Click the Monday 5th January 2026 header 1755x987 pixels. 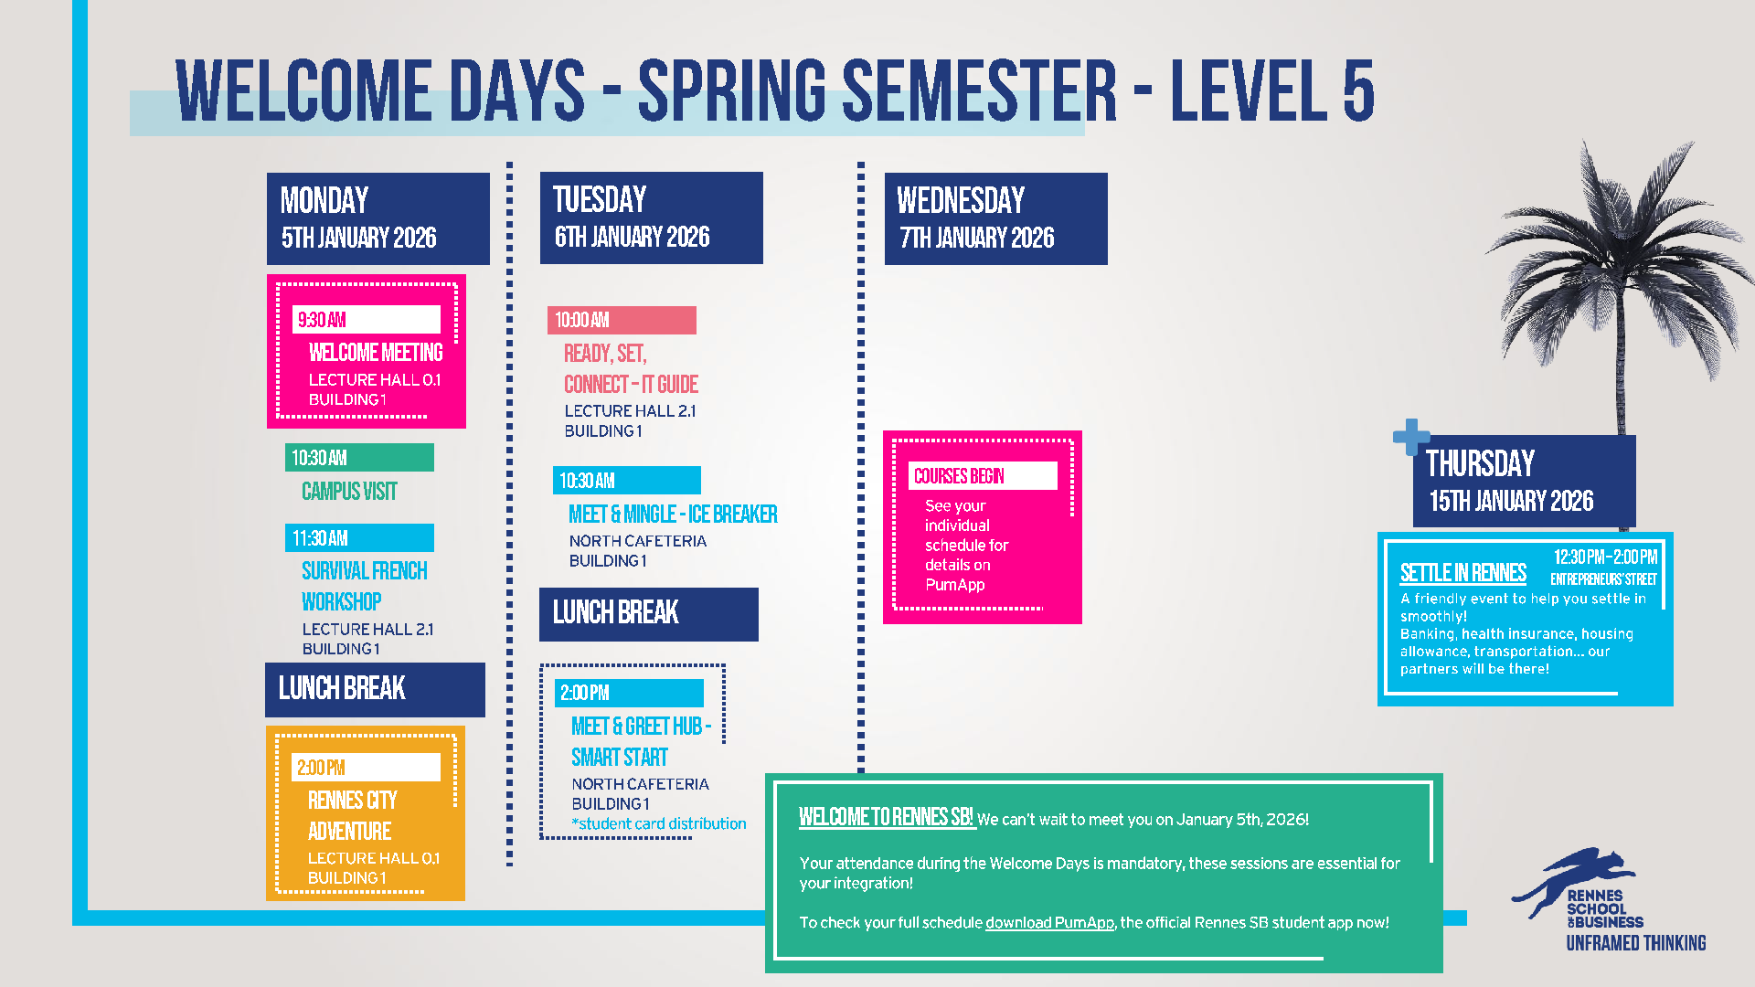(378, 218)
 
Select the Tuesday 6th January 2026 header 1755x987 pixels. (651, 218)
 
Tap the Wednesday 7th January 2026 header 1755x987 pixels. (995, 218)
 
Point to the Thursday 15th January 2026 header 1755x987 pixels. (1524, 481)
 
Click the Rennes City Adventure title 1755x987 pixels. (352, 815)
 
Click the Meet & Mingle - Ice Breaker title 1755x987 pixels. (673, 515)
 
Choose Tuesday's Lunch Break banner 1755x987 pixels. (648, 614)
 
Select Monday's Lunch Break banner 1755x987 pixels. (375, 690)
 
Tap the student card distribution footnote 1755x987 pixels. (659, 823)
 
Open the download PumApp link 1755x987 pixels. (1049, 923)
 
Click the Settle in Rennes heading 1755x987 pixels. (1462, 573)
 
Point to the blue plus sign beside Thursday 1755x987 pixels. (1411, 437)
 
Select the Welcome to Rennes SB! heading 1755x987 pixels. (885, 817)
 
